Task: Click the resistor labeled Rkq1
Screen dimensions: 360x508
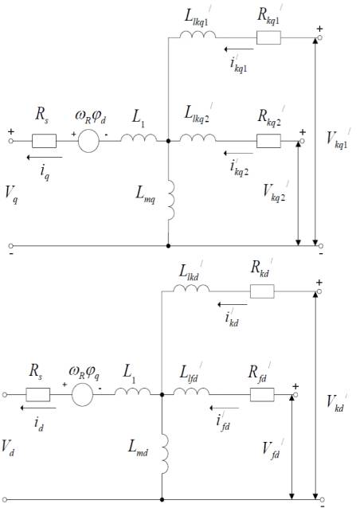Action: point(268,37)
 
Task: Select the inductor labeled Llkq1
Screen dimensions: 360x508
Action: point(198,35)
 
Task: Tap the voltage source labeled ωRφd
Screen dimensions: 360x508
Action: point(88,141)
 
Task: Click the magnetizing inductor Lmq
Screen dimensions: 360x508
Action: point(170,201)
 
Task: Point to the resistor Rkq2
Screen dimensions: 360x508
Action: point(268,141)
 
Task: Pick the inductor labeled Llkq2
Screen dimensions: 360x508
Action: point(198,138)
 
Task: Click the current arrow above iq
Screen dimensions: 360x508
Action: point(45,158)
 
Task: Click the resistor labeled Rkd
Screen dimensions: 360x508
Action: point(262,291)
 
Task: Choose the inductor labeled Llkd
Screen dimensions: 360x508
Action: point(191,288)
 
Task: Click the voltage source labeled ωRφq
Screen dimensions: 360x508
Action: point(82,395)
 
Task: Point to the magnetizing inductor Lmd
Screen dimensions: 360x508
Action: point(165,454)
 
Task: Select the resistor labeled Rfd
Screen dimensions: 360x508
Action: point(262,395)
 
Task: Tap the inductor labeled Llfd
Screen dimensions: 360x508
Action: point(191,392)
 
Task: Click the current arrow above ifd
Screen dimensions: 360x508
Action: point(225,408)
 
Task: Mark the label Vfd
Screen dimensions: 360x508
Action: point(272,448)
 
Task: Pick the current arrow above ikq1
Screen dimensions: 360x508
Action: point(239,49)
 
